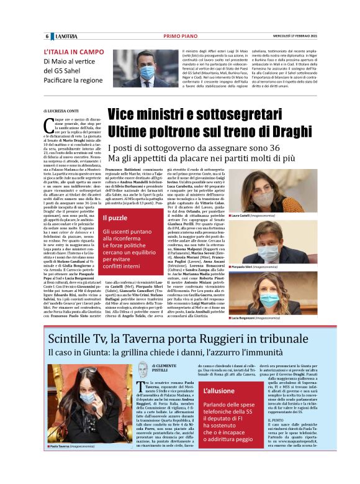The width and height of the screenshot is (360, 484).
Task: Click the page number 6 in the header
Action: click(47, 37)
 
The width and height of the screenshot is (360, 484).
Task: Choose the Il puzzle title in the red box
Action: click(115, 218)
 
